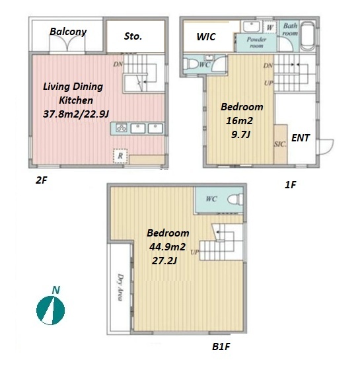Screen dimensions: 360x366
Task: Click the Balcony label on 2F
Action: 68,32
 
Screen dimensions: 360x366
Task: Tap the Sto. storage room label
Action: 133,36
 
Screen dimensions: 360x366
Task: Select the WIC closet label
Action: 206,36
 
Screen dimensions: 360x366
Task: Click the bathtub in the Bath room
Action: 308,36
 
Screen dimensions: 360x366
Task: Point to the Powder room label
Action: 256,42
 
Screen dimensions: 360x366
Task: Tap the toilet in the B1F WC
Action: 235,200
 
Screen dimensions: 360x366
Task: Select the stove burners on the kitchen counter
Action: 122,128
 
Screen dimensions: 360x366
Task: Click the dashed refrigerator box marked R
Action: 120,156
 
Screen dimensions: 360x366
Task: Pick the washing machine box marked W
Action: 270,27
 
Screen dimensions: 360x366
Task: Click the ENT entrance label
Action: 301,138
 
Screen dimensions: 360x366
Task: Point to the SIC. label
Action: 280,144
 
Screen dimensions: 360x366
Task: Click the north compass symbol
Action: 51,311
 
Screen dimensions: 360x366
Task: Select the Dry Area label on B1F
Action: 120,287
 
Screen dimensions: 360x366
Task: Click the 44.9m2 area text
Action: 167,246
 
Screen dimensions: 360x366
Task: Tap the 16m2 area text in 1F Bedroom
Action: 239,121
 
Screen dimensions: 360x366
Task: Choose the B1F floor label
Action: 221,347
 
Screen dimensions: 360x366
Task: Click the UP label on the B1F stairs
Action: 195,252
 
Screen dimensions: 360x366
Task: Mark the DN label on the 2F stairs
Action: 118,64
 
